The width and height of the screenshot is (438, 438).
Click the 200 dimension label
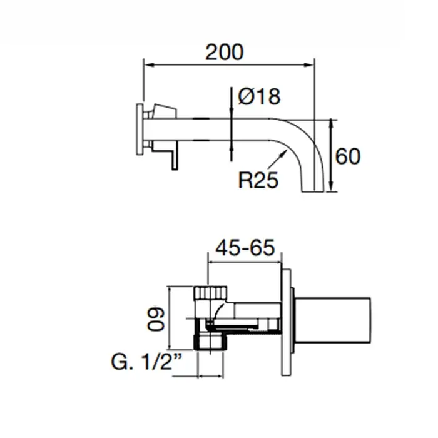pos(224,52)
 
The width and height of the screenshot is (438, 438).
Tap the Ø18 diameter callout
pos(259,96)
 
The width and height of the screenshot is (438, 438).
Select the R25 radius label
pos(258,180)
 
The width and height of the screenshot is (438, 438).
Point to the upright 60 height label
pos(347,156)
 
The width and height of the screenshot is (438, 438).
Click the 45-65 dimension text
pos(245,248)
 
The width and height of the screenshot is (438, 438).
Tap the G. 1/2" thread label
pos(146,362)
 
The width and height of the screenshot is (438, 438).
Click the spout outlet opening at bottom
pos(313,191)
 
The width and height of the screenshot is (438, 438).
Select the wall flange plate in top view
pos(140,130)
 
